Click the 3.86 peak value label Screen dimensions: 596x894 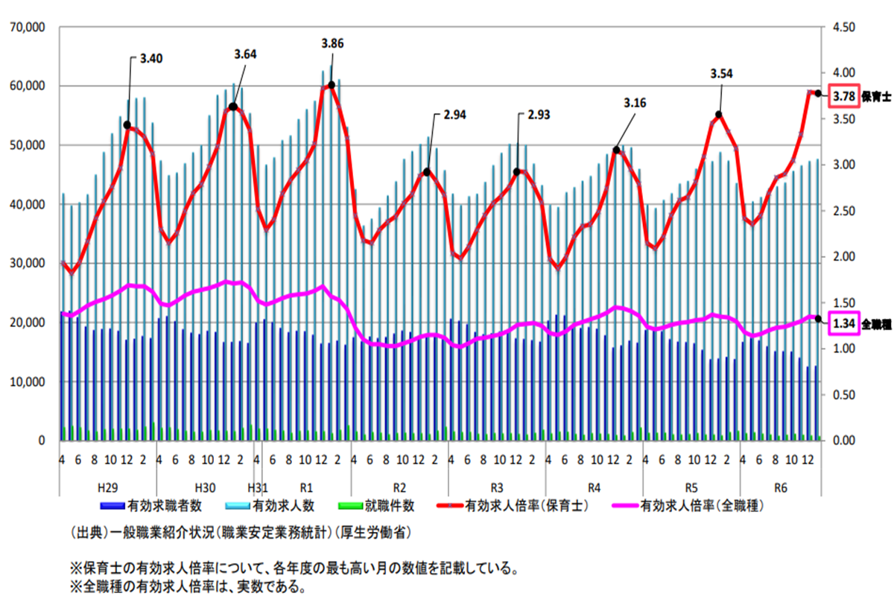pyautogui.click(x=332, y=44)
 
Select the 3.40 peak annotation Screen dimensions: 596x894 pyautogui.click(x=151, y=57)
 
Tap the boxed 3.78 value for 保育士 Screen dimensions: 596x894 pyautogui.click(x=843, y=96)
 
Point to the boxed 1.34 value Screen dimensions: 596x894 pyautogui.click(x=844, y=324)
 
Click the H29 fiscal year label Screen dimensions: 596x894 pyautogui.click(x=108, y=488)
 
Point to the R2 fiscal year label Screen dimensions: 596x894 pyautogui.click(x=399, y=488)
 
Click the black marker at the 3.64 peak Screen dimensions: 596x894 pyautogui.click(x=233, y=107)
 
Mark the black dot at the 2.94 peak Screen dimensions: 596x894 pyautogui.click(x=427, y=172)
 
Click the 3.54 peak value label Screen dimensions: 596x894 pyautogui.click(x=722, y=74)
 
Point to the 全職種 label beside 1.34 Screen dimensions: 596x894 pyautogui.click(x=877, y=324)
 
